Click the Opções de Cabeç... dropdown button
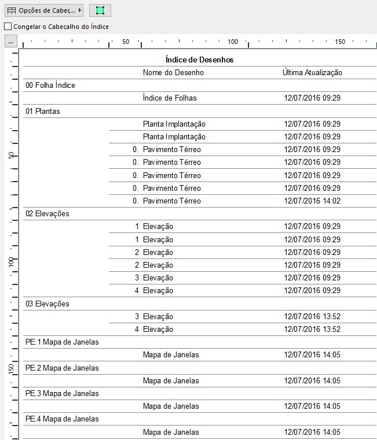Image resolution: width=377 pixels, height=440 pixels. [x=44, y=10]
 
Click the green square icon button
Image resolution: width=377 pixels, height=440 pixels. [x=100, y=10]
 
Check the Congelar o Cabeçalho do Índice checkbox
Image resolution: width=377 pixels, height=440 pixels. [x=8, y=26]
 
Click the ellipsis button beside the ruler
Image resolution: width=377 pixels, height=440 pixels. [x=11, y=42]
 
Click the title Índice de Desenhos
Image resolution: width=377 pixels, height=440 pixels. [x=199, y=60]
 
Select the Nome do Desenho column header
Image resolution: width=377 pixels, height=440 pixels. [x=173, y=72]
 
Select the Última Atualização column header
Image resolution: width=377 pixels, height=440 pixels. [x=312, y=72]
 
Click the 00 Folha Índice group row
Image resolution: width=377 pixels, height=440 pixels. [x=50, y=85]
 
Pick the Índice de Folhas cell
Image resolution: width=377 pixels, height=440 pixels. [x=170, y=98]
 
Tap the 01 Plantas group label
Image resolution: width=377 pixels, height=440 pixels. [x=42, y=111]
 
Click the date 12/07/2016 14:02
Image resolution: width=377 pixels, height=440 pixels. [x=312, y=201]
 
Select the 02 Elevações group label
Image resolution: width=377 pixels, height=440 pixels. [x=47, y=213]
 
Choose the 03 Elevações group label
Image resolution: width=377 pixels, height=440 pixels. [x=47, y=304]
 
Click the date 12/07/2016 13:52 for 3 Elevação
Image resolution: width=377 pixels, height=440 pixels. [x=312, y=316]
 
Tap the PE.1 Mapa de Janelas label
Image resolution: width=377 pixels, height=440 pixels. [x=62, y=342]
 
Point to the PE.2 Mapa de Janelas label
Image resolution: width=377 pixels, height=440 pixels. [x=62, y=368]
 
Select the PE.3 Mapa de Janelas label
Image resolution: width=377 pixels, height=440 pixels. [x=62, y=393]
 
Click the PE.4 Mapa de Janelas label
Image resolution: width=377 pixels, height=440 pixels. [x=62, y=419]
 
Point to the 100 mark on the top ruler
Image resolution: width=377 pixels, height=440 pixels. [x=233, y=42]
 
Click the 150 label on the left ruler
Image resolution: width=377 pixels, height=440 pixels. [x=11, y=368]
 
